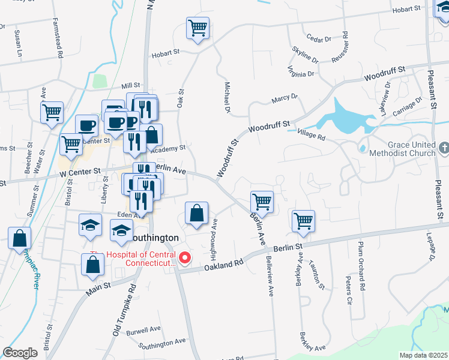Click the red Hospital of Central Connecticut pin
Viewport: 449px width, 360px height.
185,259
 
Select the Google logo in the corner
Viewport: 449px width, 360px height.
20,353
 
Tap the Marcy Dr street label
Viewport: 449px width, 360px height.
284,97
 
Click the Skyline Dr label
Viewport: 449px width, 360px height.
306,54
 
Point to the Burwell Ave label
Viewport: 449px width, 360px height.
147,329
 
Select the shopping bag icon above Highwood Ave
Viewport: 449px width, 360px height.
196,213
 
